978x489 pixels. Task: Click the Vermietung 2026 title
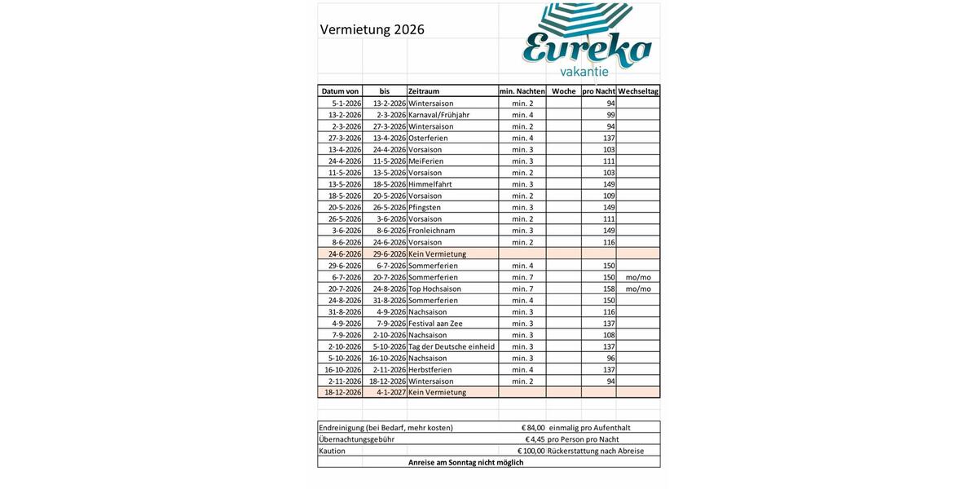click(x=372, y=30)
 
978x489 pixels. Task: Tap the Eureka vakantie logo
click(x=587, y=45)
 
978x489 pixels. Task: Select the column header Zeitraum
click(x=424, y=91)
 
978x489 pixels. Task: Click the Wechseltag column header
click(x=638, y=91)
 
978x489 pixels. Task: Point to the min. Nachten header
click(x=522, y=91)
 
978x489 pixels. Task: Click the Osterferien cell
click(x=428, y=138)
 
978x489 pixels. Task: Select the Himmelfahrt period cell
click(x=430, y=184)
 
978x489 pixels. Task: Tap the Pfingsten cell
click(x=425, y=207)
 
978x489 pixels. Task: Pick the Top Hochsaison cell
click(x=434, y=289)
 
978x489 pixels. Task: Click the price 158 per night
click(x=608, y=289)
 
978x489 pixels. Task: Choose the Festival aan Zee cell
click(x=435, y=324)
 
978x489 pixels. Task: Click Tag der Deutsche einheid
click(x=452, y=346)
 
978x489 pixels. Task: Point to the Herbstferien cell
click(x=431, y=369)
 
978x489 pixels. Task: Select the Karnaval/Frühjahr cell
click(x=438, y=115)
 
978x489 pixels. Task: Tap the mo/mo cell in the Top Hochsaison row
click(x=638, y=289)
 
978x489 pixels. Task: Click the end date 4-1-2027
click(x=390, y=392)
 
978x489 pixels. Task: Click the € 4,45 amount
click(x=535, y=439)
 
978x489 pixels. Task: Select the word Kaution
click(x=333, y=451)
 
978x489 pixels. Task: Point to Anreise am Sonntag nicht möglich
click(x=466, y=462)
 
